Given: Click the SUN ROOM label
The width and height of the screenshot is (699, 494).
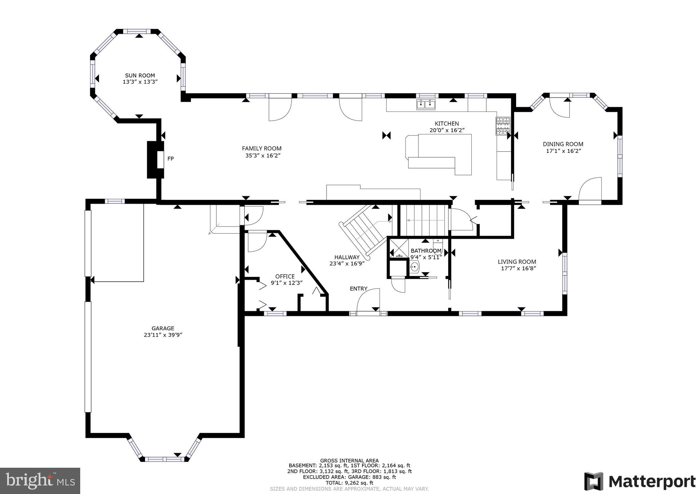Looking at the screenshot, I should tap(140, 75).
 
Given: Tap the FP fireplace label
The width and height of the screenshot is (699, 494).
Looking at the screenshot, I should tap(170, 159).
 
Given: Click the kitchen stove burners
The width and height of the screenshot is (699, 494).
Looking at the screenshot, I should tap(503, 126).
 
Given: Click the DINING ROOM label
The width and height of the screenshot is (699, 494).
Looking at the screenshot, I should tap(563, 144).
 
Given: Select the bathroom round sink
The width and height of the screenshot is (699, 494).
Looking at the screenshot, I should tap(414, 266).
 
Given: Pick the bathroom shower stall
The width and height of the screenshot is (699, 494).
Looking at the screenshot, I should tap(399, 248).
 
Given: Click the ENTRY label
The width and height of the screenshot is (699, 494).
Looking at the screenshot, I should tap(358, 289).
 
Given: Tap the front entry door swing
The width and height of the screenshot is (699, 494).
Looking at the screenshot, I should tap(369, 300).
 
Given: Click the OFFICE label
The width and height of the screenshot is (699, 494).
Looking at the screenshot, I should tap(285, 276).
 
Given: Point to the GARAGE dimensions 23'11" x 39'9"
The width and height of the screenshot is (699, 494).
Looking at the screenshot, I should tap(163, 335).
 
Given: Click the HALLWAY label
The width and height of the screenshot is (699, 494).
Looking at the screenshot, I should tap(347, 257).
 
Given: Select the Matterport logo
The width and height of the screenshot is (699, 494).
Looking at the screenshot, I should tap(640, 481).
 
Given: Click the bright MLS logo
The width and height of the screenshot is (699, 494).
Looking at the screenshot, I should tap(40, 481).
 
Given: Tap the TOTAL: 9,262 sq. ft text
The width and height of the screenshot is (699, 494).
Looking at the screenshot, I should tap(349, 483).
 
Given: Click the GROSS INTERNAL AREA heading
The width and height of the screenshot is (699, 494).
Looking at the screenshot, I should tap(349, 460).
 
